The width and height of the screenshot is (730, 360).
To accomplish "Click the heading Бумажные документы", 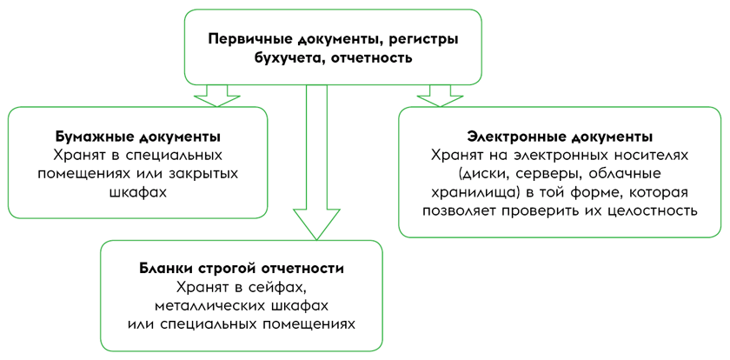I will click(x=137, y=137).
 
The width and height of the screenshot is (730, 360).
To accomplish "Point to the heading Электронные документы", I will click(x=560, y=137).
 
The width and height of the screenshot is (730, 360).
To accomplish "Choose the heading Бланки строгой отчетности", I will click(x=242, y=268).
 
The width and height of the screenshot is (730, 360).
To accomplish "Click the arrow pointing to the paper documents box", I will click(x=216, y=95).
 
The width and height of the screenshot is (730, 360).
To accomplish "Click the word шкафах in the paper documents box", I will click(x=137, y=192).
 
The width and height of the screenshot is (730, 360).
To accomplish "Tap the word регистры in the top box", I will click(x=421, y=38).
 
